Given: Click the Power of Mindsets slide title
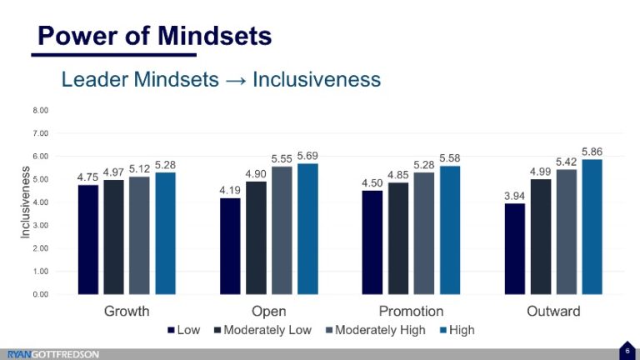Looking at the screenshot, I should (x=155, y=36).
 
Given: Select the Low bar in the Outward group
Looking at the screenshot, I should (x=515, y=248).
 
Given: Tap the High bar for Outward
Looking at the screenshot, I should (x=592, y=227).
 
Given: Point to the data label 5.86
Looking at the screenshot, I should (x=592, y=151).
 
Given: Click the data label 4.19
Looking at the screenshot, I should (x=230, y=190).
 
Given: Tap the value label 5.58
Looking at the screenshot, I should (x=449, y=157).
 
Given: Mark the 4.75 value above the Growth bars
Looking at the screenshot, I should (x=87, y=177).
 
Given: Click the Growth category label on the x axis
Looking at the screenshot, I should (x=127, y=312).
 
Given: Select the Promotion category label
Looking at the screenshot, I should (x=411, y=312).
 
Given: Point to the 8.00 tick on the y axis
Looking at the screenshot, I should (x=41, y=110).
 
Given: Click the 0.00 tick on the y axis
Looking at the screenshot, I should (x=41, y=294).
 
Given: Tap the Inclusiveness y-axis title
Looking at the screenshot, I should (x=24, y=202).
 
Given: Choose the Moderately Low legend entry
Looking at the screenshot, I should (x=262, y=330).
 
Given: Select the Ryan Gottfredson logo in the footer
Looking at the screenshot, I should (x=53, y=354).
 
